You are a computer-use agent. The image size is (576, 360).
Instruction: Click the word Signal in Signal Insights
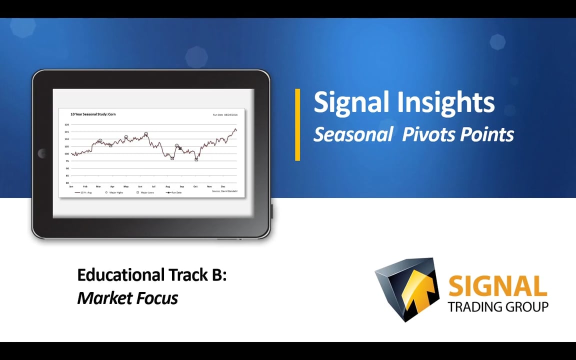352,102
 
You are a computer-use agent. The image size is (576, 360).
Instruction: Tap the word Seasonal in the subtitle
353,134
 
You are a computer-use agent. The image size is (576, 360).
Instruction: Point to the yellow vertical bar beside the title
297,124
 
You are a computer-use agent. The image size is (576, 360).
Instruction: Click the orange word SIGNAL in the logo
497,286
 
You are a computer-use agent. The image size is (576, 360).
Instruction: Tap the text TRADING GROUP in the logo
498,306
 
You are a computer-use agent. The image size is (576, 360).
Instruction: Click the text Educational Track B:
152,274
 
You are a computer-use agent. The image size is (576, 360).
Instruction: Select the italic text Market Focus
127,298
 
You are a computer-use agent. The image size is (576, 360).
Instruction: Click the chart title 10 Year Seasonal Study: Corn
93,114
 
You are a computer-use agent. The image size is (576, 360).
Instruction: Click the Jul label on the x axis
153,186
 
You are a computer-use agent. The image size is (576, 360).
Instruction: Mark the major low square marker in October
196,159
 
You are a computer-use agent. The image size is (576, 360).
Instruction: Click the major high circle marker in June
146,134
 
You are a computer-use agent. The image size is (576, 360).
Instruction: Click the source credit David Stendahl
225,191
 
